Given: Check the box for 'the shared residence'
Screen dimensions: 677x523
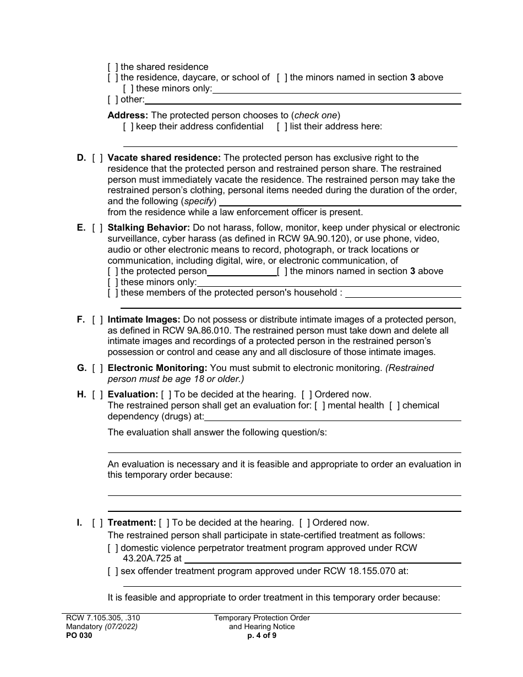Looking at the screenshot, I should click(x=112, y=67).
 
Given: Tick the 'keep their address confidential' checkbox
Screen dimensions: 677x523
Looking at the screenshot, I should click(x=128, y=126).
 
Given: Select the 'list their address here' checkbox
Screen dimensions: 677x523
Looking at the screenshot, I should click(x=282, y=126).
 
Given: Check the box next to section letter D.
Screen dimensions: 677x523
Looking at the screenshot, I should click(x=97, y=158).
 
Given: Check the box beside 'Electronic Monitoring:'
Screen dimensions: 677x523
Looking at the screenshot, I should click(x=97, y=368).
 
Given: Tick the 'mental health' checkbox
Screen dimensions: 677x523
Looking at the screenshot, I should click(x=319, y=405).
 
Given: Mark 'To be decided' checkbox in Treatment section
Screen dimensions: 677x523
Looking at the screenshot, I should click(x=164, y=522).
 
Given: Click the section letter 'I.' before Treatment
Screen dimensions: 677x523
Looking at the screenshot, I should click(x=79, y=522).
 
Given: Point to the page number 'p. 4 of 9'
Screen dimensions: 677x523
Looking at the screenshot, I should click(x=262, y=635).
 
